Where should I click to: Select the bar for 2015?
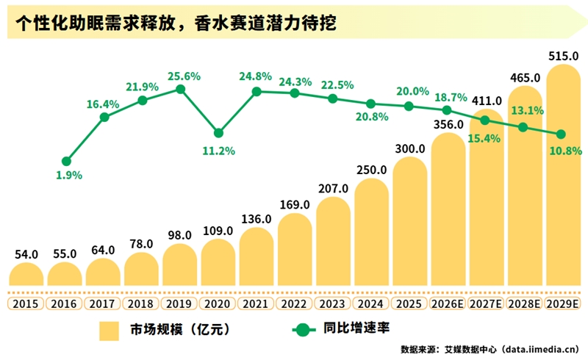[x=26, y=275]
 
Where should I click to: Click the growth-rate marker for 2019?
[x=180, y=89]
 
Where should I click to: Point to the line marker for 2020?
[x=218, y=133]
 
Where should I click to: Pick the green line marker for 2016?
[x=66, y=161]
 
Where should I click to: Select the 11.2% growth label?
[x=218, y=151]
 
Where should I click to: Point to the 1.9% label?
[x=68, y=176]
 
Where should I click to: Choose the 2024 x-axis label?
[x=370, y=303]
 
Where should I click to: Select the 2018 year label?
[x=141, y=303]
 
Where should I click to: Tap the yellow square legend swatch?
[x=110, y=329]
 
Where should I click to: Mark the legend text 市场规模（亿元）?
[x=169, y=329]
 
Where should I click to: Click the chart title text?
[x=176, y=24]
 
